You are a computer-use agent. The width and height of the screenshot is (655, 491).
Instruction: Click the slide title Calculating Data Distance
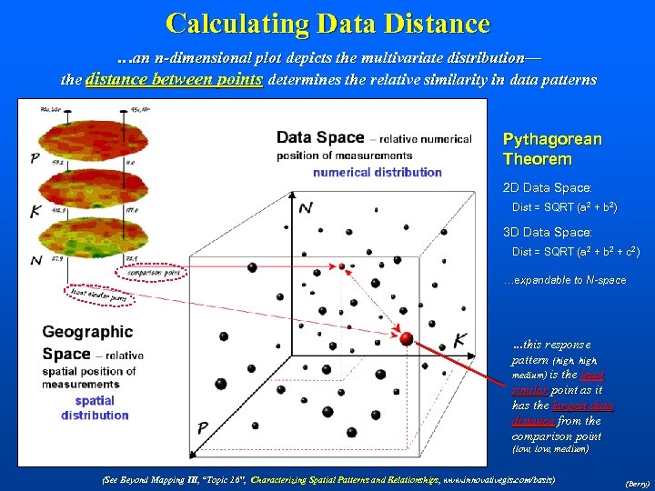tap(327, 23)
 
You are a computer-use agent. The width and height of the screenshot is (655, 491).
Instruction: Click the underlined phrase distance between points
tap(174, 80)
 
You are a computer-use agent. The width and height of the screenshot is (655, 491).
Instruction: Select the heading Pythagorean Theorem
tap(552, 149)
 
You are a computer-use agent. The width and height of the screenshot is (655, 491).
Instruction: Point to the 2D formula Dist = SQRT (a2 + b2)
tap(564, 208)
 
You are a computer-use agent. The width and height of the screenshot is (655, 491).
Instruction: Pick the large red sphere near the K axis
tap(407, 339)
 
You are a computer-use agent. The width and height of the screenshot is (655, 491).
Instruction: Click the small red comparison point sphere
tap(342, 266)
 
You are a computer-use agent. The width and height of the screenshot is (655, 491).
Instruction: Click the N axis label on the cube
tap(306, 209)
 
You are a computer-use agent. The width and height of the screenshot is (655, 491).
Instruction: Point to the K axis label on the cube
tap(460, 340)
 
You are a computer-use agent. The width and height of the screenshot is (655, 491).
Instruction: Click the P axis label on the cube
tap(203, 427)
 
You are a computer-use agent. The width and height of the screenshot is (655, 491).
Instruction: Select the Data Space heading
tap(319, 138)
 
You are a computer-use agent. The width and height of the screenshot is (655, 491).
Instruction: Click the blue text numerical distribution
tap(378, 172)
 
